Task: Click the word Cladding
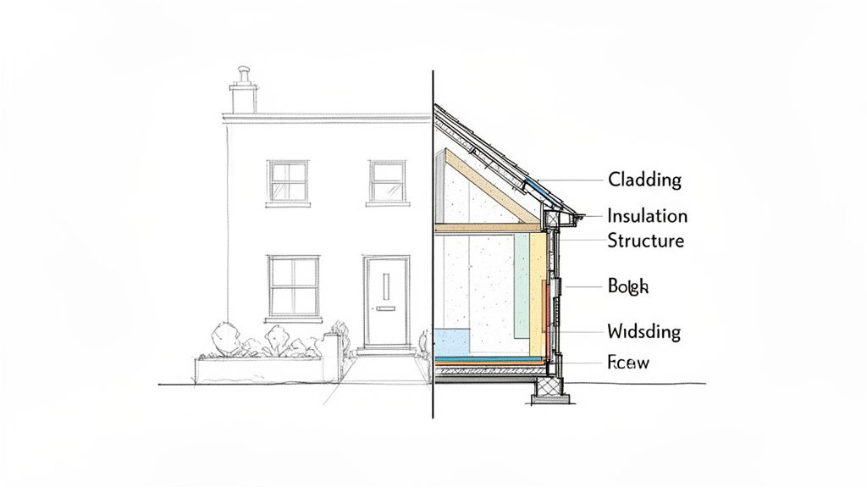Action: point(644,180)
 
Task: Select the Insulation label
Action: point(648,216)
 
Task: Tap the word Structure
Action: point(645,241)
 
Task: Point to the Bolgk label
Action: point(627,287)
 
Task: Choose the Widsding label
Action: point(643,331)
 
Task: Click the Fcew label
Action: point(628,363)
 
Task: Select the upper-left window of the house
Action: point(288,181)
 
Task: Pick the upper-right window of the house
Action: point(388,180)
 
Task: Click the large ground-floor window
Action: point(293,286)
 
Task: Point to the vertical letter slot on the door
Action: point(386,287)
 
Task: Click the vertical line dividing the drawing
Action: point(433,254)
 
